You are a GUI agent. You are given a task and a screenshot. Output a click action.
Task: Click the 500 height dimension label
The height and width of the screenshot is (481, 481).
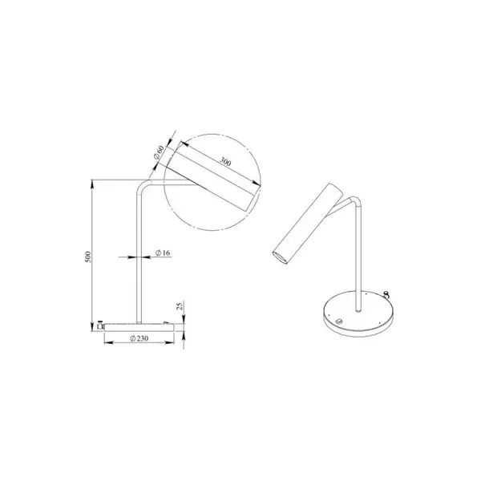pyautogui.click(x=88, y=257)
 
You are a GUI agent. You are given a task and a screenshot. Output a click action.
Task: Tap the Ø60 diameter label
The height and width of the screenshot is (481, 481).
pyautogui.click(x=159, y=152)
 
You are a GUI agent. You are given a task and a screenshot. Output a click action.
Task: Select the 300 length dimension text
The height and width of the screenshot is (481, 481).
pyautogui.click(x=225, y=161)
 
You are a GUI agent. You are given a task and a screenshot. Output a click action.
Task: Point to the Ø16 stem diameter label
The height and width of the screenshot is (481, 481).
pyautogui.click(x=163, y=253)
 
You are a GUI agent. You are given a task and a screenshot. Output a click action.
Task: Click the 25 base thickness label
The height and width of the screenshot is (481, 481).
pyautogui.click(x=180, y=306)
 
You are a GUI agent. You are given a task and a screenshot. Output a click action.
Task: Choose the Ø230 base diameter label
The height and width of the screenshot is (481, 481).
pyautogui.click(x=139, y=338)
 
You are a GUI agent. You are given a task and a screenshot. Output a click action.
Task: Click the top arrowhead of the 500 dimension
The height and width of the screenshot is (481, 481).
pyautogui.click(x=92, y=184)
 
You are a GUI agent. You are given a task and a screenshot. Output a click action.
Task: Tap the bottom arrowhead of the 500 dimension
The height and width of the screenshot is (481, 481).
pyautogui.click(x=92, y=327)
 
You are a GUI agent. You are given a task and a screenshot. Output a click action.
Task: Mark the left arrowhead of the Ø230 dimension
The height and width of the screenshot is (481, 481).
pyautogui.click(x=109, y=342)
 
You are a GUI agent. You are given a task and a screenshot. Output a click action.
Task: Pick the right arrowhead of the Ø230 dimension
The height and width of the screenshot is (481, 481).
pyautogui.click(x=170, y=342)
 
